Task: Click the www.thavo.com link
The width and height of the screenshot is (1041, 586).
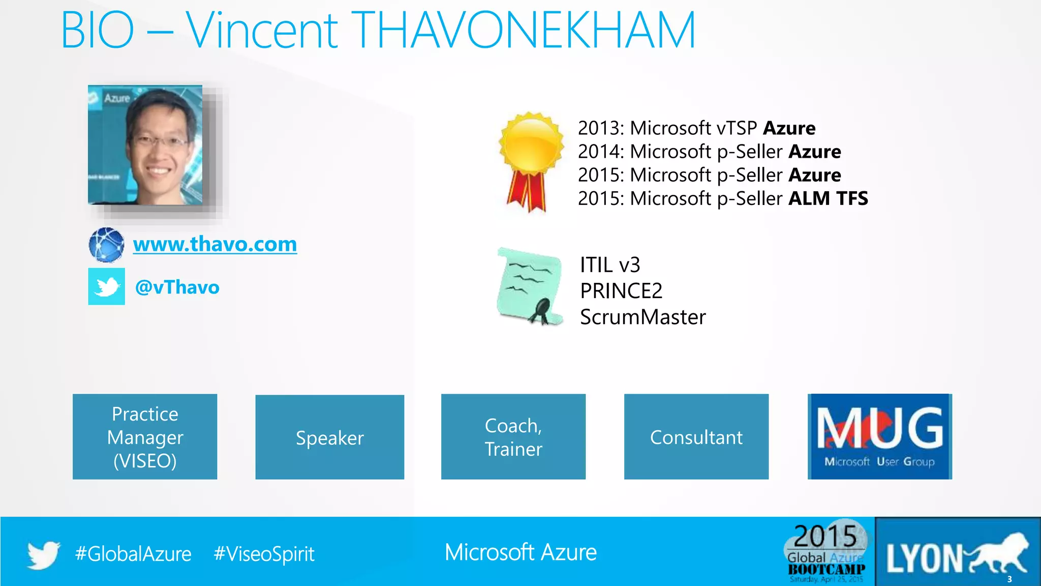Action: tap(215, 245)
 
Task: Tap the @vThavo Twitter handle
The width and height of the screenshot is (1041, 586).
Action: tap(177, 287)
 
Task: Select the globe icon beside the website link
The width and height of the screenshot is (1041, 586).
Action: tap(106, 245)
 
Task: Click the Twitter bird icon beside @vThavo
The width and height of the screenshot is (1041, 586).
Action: tap(106, 286)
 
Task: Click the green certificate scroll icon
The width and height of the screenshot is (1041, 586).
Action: tap(530, 286)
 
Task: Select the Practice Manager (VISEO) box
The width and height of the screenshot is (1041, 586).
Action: tap(145, 436)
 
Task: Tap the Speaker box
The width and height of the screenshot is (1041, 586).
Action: tap(329, 437)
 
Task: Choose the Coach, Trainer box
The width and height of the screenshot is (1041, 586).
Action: tap(513, 436)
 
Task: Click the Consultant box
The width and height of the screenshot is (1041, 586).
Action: tap(696, 436)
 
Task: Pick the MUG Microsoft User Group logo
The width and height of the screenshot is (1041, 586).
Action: tap(879, 436)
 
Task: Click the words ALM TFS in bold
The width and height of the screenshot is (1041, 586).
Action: tap(828, 198)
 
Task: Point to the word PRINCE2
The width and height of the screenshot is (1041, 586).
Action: tap(621, 291)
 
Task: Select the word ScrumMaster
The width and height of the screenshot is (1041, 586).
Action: tap(642, 317)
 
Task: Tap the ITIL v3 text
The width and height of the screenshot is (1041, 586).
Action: tap(610, 265)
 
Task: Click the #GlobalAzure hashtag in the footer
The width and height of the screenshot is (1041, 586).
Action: tap(133, 553)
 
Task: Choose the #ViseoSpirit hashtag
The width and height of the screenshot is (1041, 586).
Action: tap(264, 553)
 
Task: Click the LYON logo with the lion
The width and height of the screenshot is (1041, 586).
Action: tap(958, 552)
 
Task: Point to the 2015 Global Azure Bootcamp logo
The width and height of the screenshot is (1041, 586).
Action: tap(826, 552)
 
